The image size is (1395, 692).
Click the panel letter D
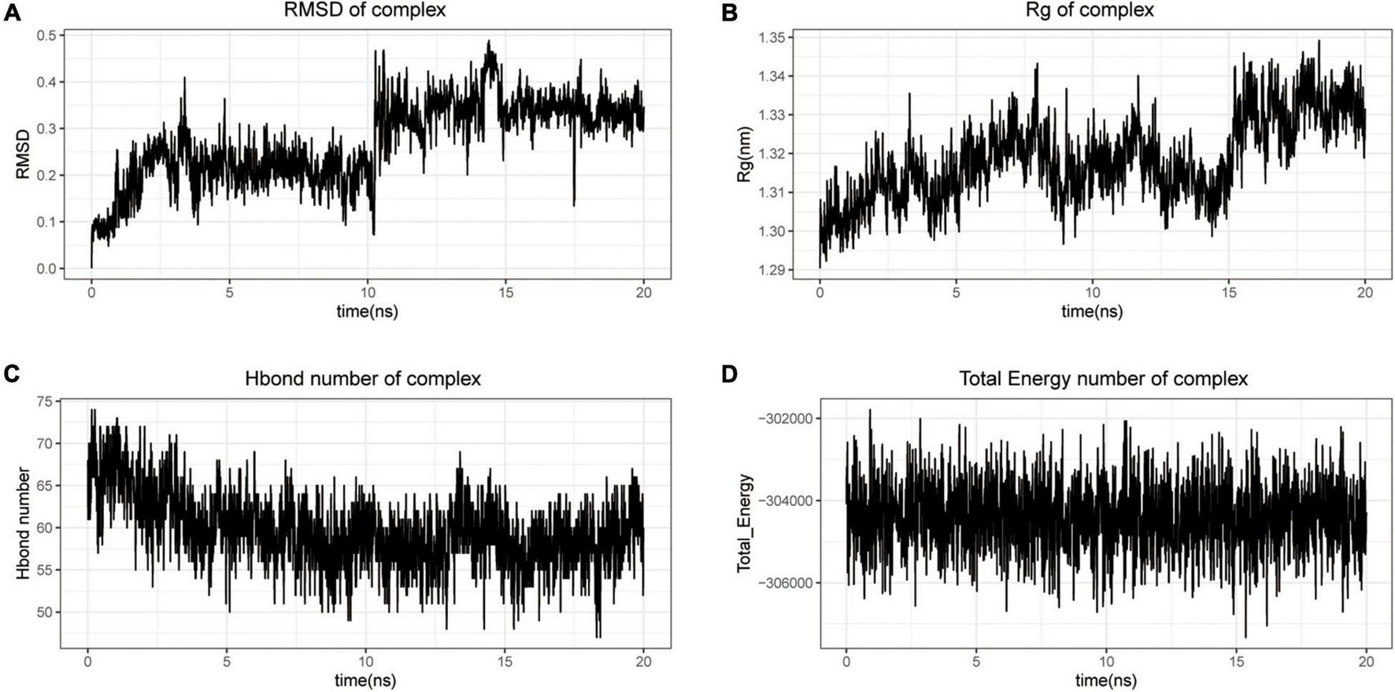tap(730, 375)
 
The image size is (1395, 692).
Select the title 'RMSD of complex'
tap(367, 10)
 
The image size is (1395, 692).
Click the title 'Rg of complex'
tap(1091, 10)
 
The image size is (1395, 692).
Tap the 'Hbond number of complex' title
tap(363, 379)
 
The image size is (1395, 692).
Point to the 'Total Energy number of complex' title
tap(1103, 379)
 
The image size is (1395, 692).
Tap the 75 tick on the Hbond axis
tap(44, 402)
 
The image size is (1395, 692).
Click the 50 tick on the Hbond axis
tap(44, 612)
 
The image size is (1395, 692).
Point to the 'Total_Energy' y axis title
tap(743, 523)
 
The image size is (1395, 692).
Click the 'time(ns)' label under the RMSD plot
tap(367, 311)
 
